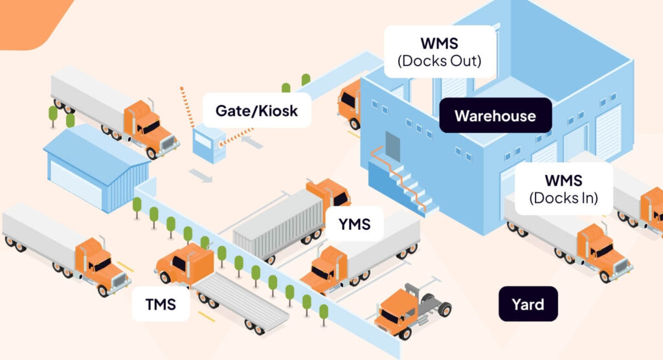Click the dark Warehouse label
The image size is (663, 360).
pos(495,116)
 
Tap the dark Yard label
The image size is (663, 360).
pos(528,304)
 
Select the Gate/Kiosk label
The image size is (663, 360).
pos(256,111)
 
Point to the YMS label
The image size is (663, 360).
pos(354,225)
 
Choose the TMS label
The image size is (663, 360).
pos(161,304)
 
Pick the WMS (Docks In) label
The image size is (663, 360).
pos(563,188)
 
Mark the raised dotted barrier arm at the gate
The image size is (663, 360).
pos(188,104)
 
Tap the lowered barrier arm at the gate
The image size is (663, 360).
pos(238,135)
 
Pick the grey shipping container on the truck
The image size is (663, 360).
pos(279,223)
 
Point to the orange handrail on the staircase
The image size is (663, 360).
pos(398,175)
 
